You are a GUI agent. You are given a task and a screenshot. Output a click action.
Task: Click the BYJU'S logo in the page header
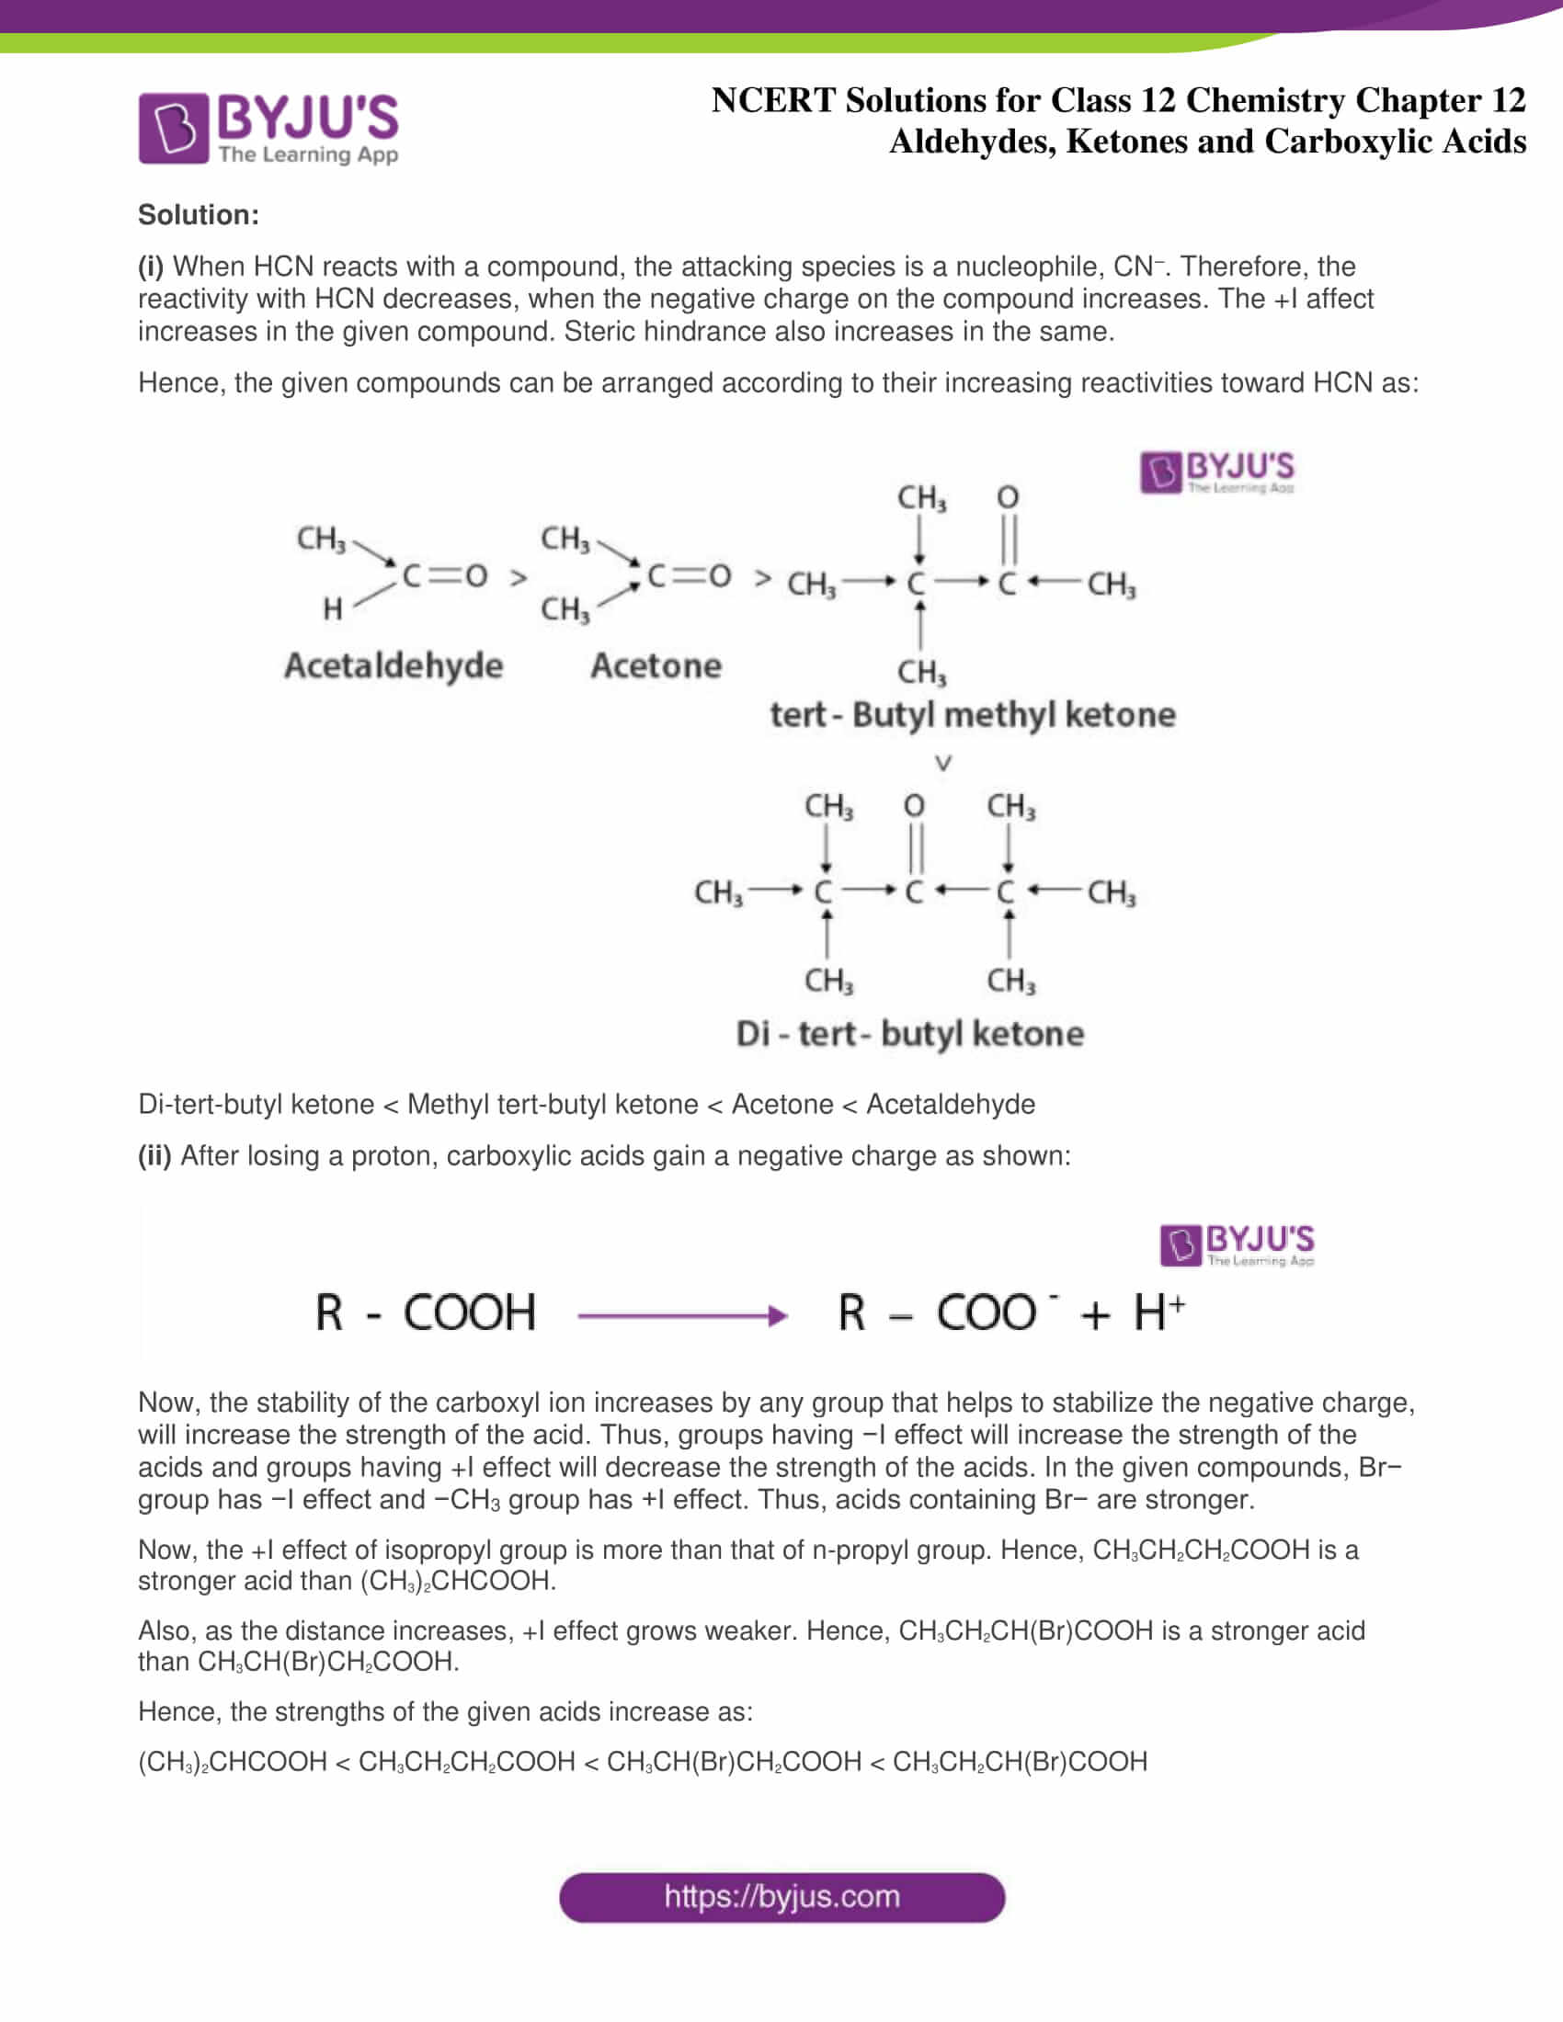(268, 128)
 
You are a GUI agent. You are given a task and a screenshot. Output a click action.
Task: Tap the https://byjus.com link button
(781, 1897)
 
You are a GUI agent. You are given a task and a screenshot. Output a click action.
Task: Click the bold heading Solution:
(199, 215)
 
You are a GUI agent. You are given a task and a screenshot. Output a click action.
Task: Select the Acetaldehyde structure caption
(394, 665)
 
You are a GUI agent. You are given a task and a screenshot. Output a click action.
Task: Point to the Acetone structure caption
(656, 665)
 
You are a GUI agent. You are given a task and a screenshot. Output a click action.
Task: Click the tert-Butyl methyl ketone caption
(972, 715)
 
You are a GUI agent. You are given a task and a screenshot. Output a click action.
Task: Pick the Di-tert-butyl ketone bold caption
(909, 1033)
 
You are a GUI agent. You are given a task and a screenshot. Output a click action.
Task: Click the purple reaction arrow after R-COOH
(681, 1314)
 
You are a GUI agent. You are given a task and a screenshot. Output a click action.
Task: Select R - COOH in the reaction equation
(425, 1312)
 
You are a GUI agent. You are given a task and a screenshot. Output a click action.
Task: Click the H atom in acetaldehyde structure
(333, 608)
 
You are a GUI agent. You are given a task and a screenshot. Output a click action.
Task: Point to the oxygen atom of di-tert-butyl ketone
(914, 805)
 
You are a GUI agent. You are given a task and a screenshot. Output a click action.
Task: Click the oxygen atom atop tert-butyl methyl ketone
(1008, 497)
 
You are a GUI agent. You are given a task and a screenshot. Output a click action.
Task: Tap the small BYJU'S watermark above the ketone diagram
(1216, 472)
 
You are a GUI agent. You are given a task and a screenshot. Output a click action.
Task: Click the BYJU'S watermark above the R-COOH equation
(1236, 1244)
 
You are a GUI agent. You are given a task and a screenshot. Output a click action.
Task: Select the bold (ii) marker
(154, 1155)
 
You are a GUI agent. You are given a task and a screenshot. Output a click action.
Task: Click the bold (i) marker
(151, 267)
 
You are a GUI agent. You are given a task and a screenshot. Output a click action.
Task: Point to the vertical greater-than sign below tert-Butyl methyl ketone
(942, 763)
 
